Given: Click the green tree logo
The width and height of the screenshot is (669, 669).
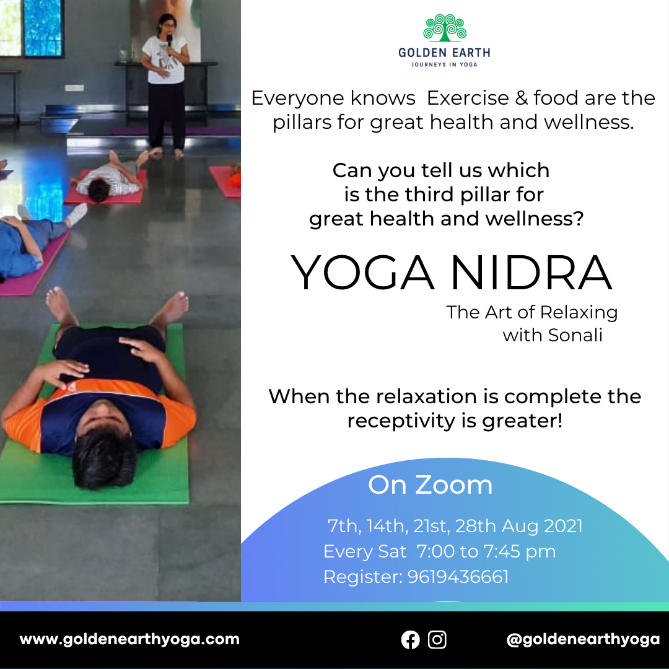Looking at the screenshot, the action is click(x=445, y=28).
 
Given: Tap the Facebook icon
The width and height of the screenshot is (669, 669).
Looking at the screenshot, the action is click(x=411, y=639).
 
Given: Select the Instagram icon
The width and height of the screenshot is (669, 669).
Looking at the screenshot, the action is click(x=437, y=639).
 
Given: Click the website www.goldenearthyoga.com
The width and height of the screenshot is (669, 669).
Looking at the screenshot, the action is click(x=129, y=639).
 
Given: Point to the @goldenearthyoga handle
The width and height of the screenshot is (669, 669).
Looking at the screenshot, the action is click(x=583, y=639).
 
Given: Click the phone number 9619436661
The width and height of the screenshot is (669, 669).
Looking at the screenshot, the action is click(x=458, y=577).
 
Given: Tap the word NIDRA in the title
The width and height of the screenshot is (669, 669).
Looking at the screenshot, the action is click(x=531, y=273).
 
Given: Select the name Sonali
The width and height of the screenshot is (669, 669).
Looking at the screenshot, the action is click(x=575, y=335).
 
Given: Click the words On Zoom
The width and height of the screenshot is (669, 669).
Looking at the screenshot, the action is click(x=430, y=485).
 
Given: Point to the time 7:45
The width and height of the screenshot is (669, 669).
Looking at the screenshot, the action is click(x=502, y=551).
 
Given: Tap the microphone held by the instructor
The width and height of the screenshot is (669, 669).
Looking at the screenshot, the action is click(x=169, y=40).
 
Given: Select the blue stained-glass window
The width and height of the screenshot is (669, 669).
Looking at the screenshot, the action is click(x=43, y=28).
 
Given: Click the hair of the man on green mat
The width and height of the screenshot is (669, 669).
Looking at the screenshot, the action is click(x=104, y=457).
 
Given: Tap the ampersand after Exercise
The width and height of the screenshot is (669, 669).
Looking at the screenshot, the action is click(x=522, y=98).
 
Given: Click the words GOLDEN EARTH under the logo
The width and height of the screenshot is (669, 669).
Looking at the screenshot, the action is click(x=444, y=53).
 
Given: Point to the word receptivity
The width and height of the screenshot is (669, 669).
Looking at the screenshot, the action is click(x=401, y=421).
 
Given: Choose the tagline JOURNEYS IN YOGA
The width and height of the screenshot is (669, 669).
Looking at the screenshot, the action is click(x=444, y=64).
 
